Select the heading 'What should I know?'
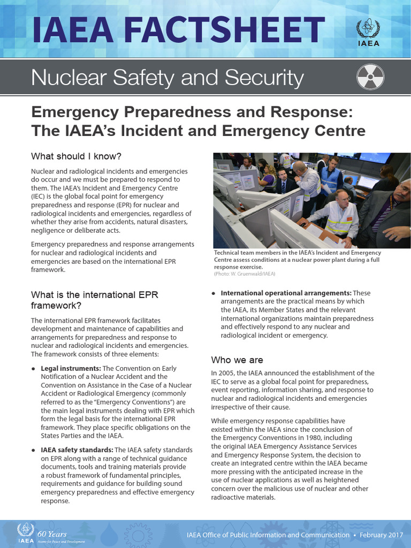click(x=77, y=156)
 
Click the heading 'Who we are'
click(x=237, y=360)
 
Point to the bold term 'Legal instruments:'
click(x=71, y=369)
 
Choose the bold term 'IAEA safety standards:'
click(x=77, y=450)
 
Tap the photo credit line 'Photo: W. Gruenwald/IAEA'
click(x=245, y=273)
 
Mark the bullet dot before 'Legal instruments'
click(x=34, y=369)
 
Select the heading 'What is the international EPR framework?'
click(x=95, y=300)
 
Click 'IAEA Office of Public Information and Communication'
click(x=268, y=535)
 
